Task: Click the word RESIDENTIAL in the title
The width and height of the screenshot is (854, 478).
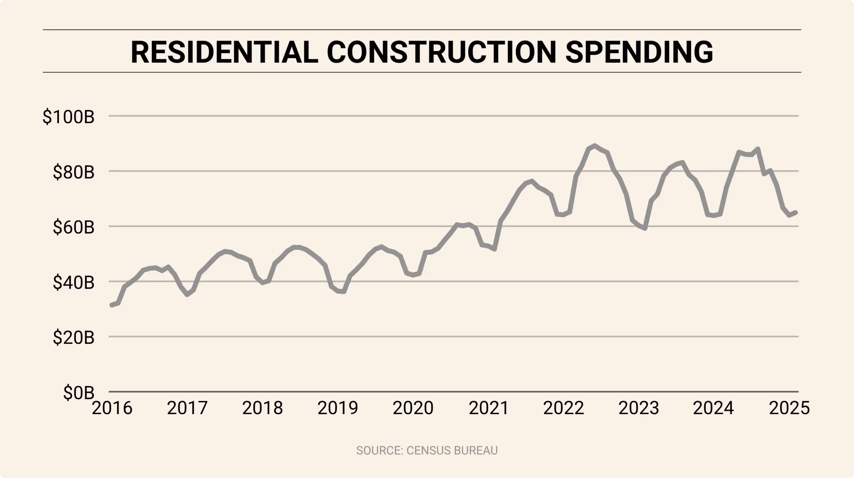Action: [224, 52]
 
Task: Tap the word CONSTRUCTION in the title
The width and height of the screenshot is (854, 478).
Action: [441, 52]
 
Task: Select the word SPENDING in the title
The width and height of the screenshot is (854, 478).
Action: [639, 52]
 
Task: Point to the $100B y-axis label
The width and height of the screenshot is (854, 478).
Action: [68, 117]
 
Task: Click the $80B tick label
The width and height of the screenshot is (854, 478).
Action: [73, 172]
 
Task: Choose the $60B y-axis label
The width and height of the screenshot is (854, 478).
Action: [73, 227]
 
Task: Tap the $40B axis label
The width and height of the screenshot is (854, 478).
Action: [73, 283]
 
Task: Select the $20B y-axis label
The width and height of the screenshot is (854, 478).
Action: [73, 338]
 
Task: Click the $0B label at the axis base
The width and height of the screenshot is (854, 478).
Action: [79, 393]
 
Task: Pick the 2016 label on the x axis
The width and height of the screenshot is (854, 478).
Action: [112, 408]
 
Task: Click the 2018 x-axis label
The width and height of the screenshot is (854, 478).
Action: [263, 408]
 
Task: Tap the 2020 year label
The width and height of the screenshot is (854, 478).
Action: [413, 408]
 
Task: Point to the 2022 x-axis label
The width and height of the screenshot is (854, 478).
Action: [564, 408]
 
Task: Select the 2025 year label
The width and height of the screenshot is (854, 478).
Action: [789, 408]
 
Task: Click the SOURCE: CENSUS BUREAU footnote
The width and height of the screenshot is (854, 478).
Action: [427, 450]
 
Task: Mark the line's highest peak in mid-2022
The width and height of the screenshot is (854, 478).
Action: [594, 146]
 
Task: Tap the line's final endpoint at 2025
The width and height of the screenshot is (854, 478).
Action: [796, 212]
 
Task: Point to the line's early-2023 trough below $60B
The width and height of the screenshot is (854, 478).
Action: [645, 228]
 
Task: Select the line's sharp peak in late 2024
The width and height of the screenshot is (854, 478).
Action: [758, 149]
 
